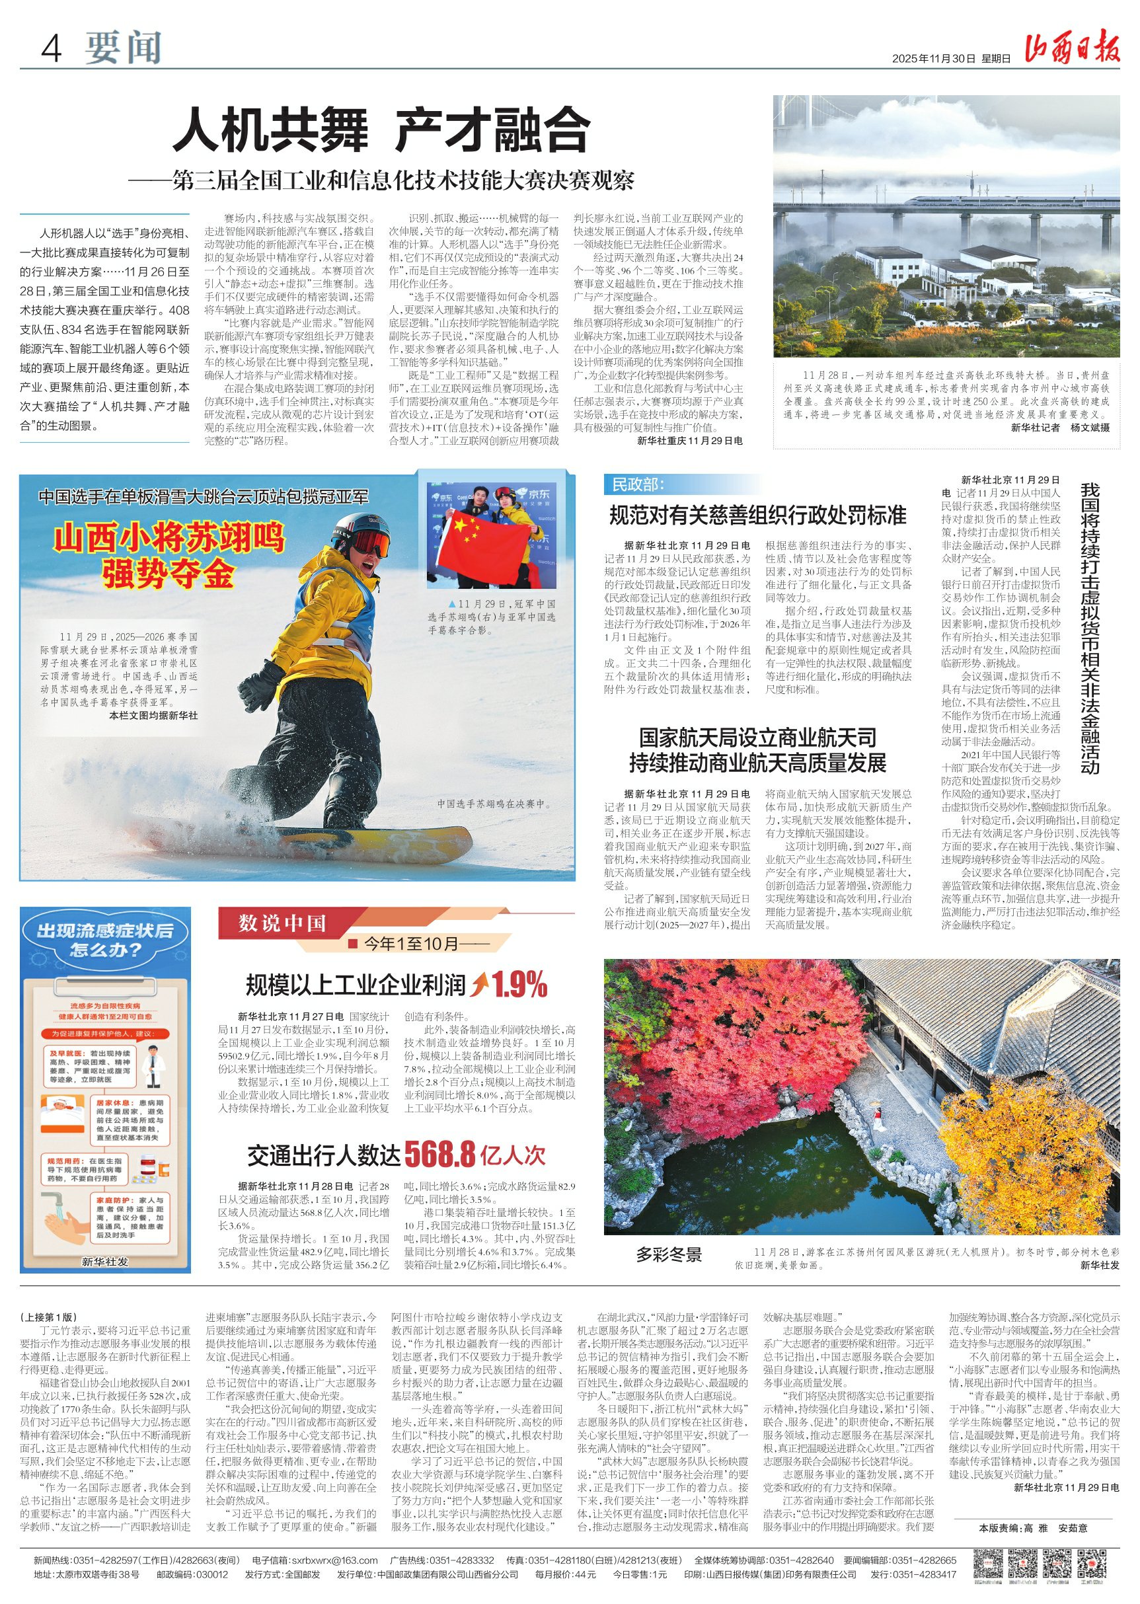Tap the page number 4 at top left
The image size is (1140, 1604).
(x=52, y=48)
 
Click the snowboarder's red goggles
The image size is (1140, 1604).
(x=370, y=543)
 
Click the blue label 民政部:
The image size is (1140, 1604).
(x=637, y=484)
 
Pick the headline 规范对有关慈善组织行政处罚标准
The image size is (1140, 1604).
(x=757, y=516)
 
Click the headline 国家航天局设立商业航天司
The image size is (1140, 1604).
(x=757, y=738)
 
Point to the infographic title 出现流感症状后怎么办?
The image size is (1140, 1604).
(x=104, y=940)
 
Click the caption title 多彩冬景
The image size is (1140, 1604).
(x=669, y=1254)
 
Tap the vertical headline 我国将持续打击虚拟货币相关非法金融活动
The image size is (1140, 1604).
(x=1090, y=629)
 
